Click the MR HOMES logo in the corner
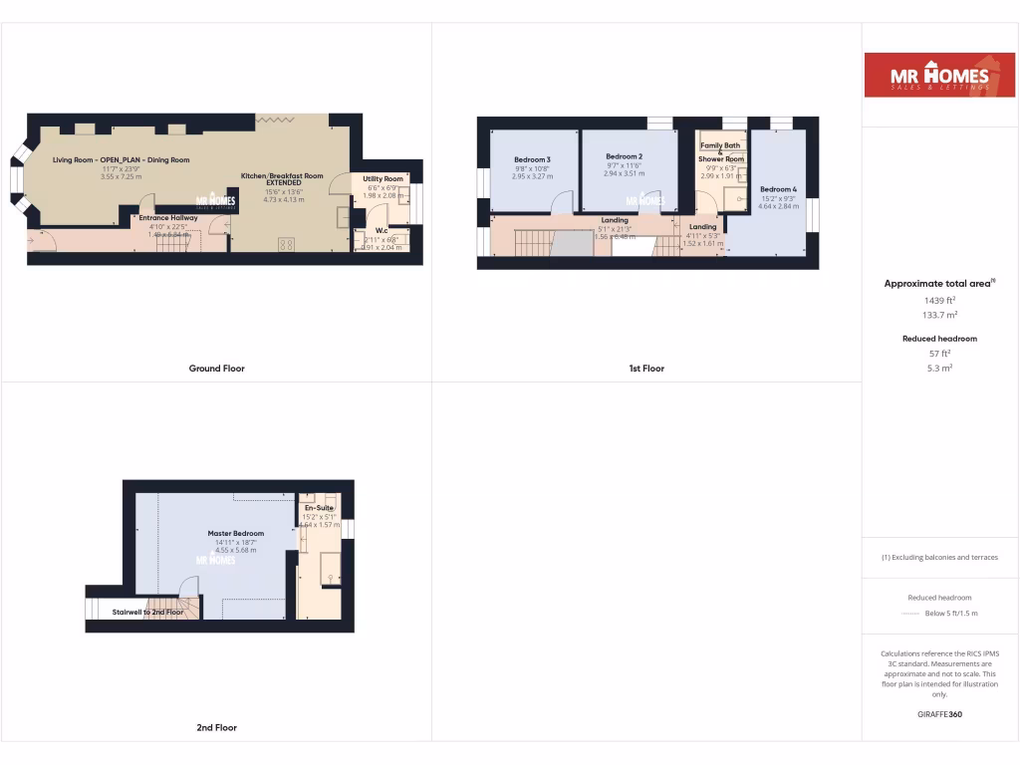click(x=939, y=76)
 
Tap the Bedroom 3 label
click(x=532, y=159)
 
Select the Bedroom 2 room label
click(x=625, y=156)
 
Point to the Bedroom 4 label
click(x=779, y=189)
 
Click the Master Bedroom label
click(x=236, y=533)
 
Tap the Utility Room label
click(x=383, y=178)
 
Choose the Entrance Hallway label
click(x=168, y=217)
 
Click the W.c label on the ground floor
click(x=382, y=230)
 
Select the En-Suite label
click(x=319, y=507)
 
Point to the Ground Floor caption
click(x=217, y=369)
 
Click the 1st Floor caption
click(x=646, y=369)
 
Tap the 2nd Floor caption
click(x=216, y=728)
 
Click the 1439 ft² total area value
click(x=940, y=300)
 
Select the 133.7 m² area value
click(x=940, y=315)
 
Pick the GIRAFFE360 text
click(x=940, y=714)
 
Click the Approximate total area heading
click(x=939, y=284)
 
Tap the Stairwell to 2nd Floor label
click(x=147, y=612)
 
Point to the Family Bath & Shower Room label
click(x=722, y=152)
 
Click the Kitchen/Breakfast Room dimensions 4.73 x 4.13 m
click(x=282, y=199)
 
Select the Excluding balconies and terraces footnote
click(x=940, y=558)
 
